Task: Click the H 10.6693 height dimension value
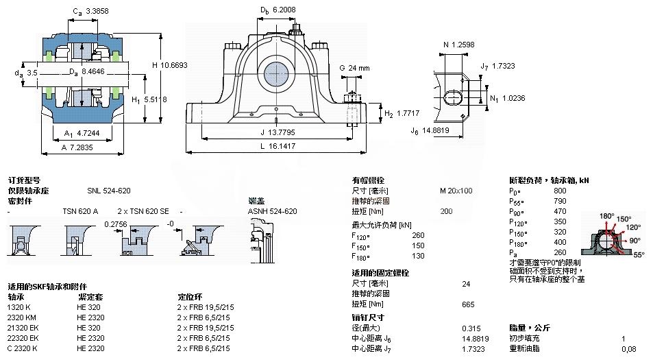pyautogui.click(x=169, y=65)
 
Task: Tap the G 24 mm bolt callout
pyautogui.click(x=354, y=68)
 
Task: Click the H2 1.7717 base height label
pyautogui.click(x=402, y=113)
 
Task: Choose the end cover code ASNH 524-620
pyautogui.click(x=272, y=211)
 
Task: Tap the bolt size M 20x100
pyautogui.click(x=456, y=191)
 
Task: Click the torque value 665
pyautogui.click(x=469, y=304)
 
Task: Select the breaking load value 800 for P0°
pyautogui.click(x=560, y=190)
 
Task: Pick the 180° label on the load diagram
pyautogui.click(x=606, y=216)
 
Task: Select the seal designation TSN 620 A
pyautogui.click(x=80, y=211)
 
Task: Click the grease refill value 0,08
pyautogui.click(x=628, y=348)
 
